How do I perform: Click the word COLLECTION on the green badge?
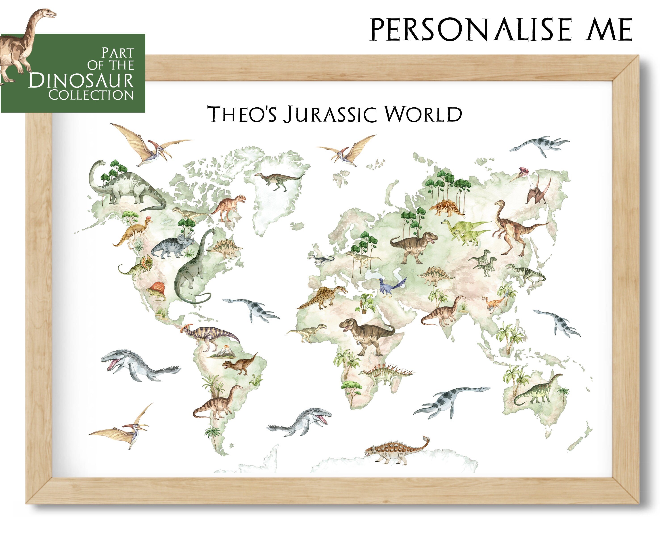(91, 95)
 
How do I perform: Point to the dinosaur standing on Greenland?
(278, 180)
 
